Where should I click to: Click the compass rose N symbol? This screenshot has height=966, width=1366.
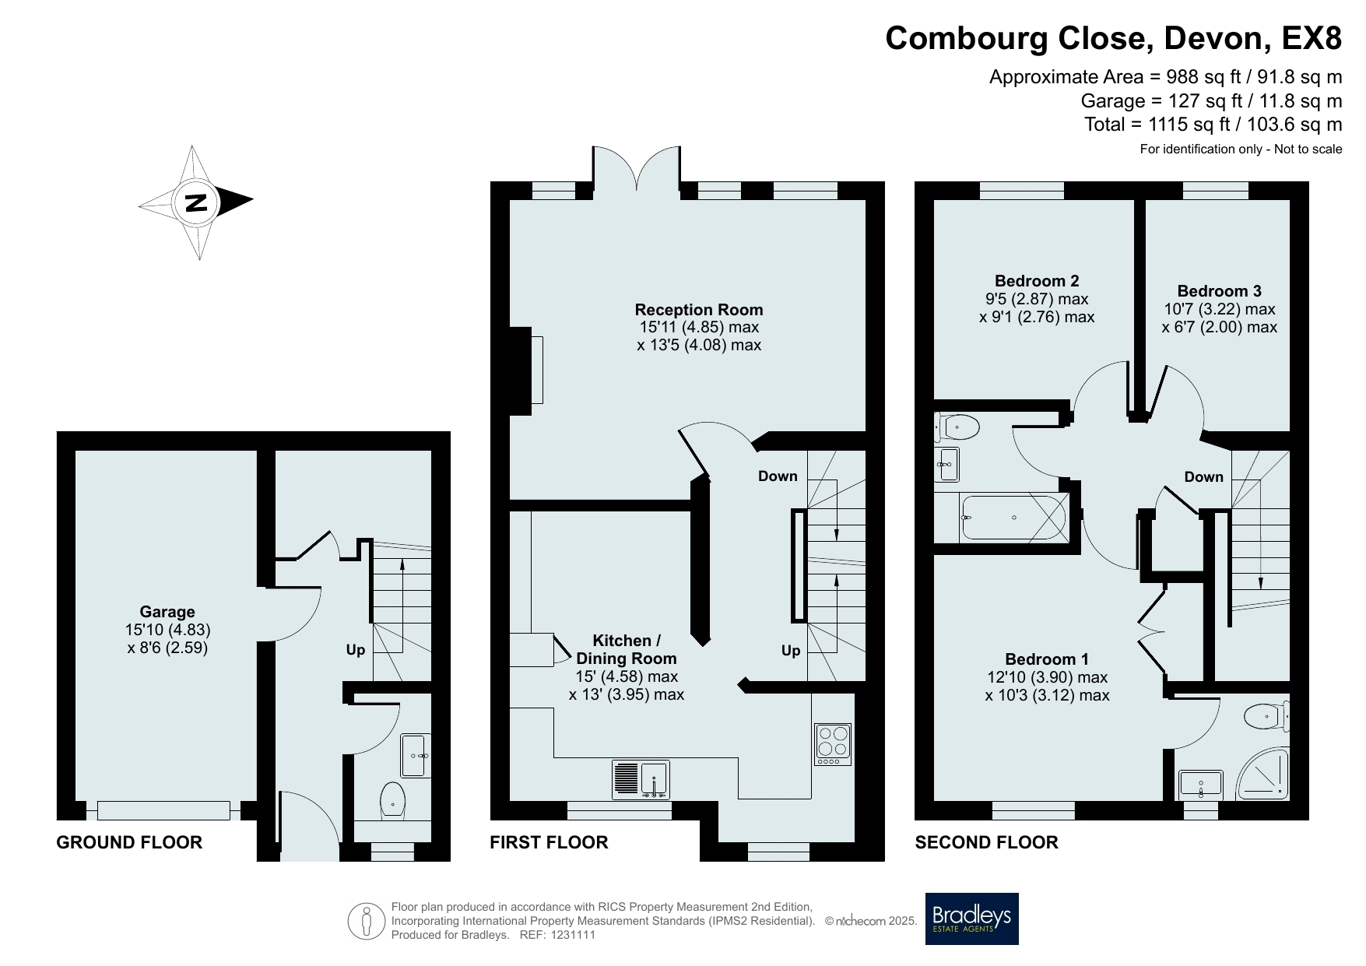click(x=196, y=202)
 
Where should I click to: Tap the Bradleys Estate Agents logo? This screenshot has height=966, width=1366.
click(x=971, y=919)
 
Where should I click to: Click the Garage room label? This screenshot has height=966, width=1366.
click(x=167, y=612)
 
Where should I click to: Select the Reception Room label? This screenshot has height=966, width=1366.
click(x=699, y=310)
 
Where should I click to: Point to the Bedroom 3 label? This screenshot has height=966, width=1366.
click(x=1219, y=291)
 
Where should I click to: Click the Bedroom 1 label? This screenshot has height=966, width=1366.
click(x=1047, y=659)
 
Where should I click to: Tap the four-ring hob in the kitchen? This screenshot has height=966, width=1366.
click(x=832, y=743)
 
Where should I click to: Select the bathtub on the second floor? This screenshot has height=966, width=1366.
click(x=1014, y=518)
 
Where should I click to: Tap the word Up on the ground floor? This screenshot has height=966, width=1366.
click(x=356, y=650)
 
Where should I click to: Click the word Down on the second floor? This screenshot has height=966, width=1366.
click(x=1203, y=476)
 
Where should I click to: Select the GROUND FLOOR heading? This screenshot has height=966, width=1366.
click(x=129, y=842)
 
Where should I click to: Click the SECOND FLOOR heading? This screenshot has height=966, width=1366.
click(x=986, y=842)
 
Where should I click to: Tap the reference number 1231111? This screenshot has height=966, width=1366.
click(x=572, y=935)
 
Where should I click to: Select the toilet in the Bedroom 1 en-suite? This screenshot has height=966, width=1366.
click(x=1266, y=716)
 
